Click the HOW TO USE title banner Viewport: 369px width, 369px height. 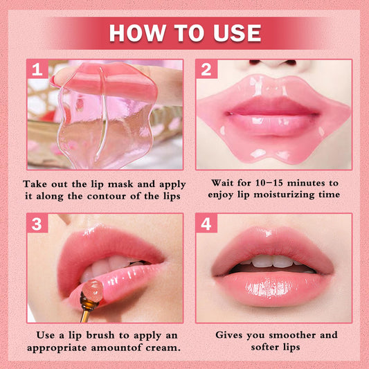184,33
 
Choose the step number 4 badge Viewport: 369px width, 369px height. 206,224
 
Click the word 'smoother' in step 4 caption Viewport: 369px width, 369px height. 299,335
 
